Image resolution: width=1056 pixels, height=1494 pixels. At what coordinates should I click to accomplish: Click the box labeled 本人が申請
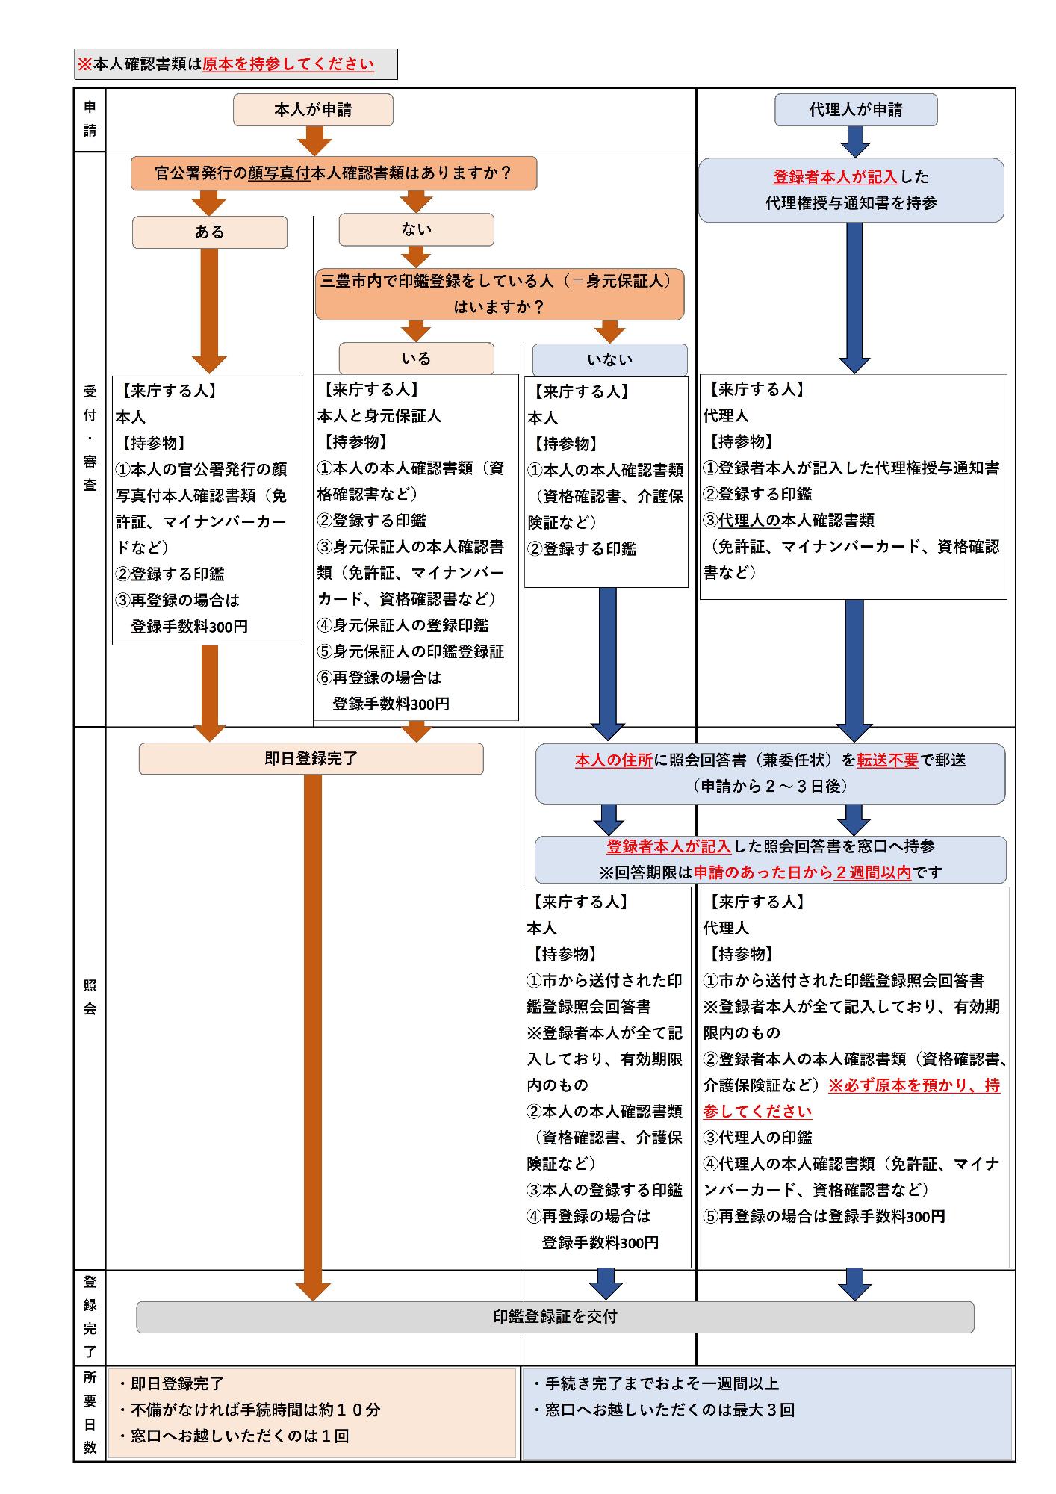pos(313,110)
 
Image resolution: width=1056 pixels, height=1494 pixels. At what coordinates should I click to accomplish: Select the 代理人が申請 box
pos(856,110)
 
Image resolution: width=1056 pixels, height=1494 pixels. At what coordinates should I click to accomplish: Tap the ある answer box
pos(210,232)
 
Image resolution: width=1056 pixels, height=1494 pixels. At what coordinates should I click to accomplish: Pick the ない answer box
pos(416,229)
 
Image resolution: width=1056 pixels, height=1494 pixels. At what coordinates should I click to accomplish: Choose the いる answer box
pos(416,359)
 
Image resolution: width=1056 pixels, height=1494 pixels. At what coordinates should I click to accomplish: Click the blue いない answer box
pos(609,360)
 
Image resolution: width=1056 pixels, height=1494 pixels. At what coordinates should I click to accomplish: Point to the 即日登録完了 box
pos(311,759)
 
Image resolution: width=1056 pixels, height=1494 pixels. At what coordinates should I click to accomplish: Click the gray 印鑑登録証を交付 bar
pos(555,1317)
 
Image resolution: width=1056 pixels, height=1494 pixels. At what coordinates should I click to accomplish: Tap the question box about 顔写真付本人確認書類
pos(333,173)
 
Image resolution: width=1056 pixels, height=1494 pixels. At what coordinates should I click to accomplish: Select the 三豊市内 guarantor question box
pos(499,294)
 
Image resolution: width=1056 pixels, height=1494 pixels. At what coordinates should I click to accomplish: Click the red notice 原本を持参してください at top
pos(288,64)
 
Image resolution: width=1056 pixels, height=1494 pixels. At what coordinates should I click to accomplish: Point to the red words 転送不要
pos(887,760)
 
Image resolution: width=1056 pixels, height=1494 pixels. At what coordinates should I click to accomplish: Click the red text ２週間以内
pos(872,872)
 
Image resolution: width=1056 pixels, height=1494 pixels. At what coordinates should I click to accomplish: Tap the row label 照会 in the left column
pos(90,996)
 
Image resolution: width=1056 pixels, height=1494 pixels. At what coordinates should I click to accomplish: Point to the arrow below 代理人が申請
pos(855,140)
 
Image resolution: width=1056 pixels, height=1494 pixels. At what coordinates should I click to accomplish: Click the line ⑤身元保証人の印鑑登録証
pos(411,652)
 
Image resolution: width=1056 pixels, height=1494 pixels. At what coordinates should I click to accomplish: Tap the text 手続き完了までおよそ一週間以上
pos(662,1384)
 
